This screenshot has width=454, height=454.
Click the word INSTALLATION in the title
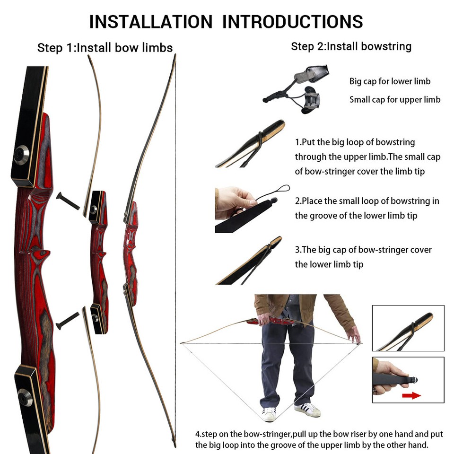click(150, 22)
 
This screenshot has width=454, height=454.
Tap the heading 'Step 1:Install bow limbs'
click(105, 48)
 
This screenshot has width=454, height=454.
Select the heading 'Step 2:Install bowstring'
click(351, 46)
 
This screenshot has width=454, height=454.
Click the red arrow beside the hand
click(411, 395)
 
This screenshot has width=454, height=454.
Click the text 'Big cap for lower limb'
click(390, 81)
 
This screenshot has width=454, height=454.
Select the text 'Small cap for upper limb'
click(395, 99)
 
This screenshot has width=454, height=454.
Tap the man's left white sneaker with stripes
click(308, 409)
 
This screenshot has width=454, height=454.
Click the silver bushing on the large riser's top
click(21, 155)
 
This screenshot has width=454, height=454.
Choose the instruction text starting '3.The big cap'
click(363, 257)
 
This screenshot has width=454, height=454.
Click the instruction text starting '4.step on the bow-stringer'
click(313, 439)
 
